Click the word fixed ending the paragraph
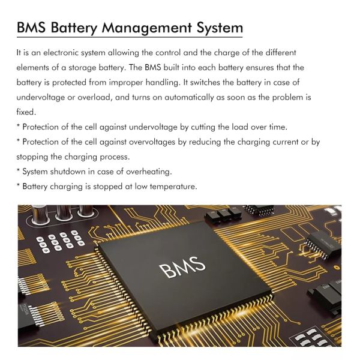pyautogui.click(x=26, y=112)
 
